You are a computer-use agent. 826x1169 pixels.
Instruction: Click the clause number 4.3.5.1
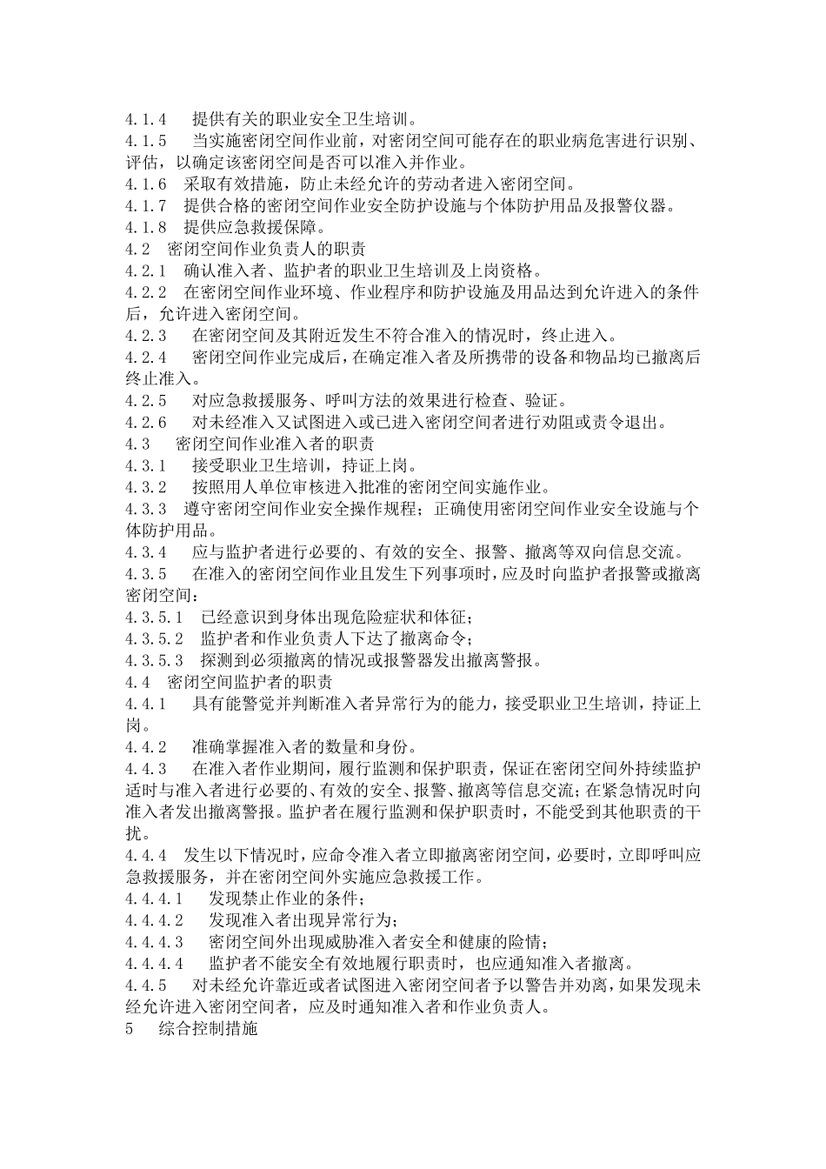(154, 618)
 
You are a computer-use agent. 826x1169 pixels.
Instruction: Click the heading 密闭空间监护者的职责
(250, 683)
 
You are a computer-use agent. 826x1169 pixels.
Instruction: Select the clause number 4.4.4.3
(154, 942)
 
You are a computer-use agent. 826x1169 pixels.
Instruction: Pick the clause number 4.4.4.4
(154, 964)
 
